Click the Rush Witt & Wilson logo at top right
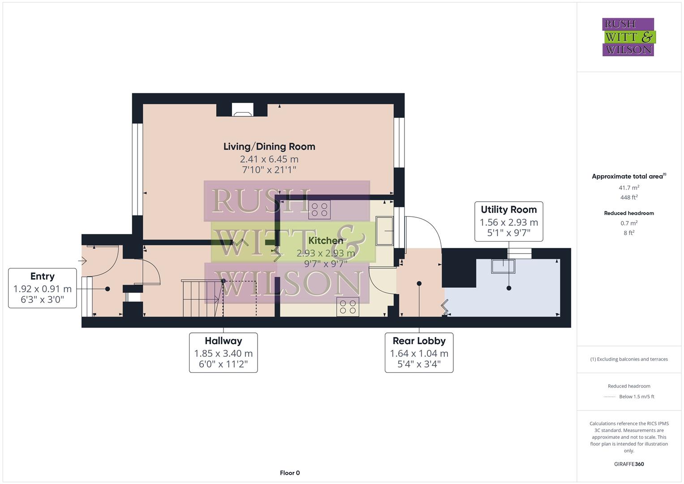coord(628,37)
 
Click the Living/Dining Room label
coord(269,147)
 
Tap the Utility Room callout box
coord(508,221)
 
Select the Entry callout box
coord(43,288)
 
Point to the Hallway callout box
coord(223,353)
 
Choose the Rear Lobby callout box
coord(419,353)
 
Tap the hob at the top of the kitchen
coord(319,209)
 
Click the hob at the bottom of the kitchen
coord(348,307)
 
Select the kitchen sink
coord(384,231)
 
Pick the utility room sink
coord(503,266)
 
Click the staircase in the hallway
coord(202,298)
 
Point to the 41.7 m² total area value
coord(629,188)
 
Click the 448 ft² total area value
coord(629,197)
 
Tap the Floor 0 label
coord(289,473)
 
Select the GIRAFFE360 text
coord(629,464)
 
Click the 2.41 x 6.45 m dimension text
coord(269,159)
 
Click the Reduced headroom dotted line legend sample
coord(610,397)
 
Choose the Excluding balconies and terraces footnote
coord(629,359)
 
